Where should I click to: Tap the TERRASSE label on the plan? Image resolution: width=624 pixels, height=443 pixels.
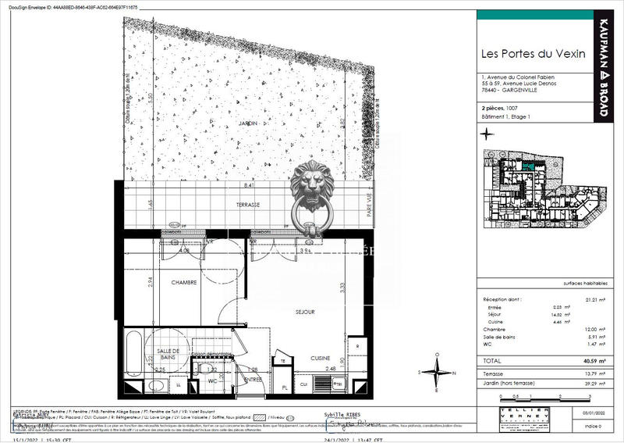click(249, 204)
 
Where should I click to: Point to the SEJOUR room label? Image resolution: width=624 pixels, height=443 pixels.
click(304, 312)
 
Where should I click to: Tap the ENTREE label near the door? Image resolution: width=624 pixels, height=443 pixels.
click(253, 379)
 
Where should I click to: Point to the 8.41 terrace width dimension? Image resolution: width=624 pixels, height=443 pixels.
click(249, 186)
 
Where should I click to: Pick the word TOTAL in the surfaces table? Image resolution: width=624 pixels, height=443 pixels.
click(494, 362)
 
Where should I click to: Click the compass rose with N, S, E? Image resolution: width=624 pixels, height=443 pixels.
click(438, 372)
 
